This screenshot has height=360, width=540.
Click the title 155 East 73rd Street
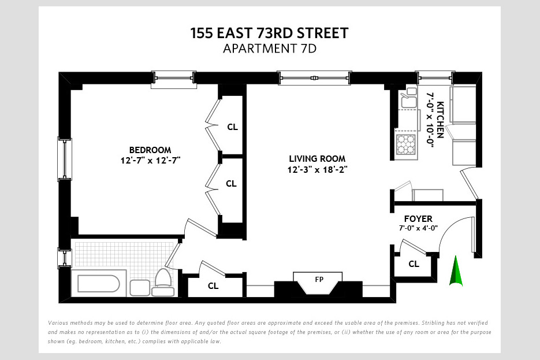pyautogui.click(x=269, y=33)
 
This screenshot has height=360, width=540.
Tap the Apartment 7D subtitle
pyautogui.click(x=269, y=49)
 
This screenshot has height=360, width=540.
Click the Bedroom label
pyautogui.click(x=150, y=150)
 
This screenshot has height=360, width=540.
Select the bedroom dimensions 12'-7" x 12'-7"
pyautogui.click(x=151, y=161)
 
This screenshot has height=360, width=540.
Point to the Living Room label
pyautogui.click(x=317, y=159)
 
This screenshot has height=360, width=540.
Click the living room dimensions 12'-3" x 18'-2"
pyautogui.click(x=317, y=169)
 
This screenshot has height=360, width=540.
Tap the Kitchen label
pyautogui.click(x=440, y=120)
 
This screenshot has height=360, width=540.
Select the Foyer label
pyautogui.click(x=418, y=219)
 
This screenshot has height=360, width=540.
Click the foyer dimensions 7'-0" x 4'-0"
pyautogui.click(x=418, y=228)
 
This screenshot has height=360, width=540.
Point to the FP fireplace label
pyautogui.click(x=319, y=279)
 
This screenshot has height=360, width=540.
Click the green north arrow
pyautogui.click(x=456, y=271)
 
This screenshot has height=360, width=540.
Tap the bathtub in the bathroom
pyautogui.click(x=99, y=284)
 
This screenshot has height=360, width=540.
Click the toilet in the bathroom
pyautogui.click(x=163, y=282)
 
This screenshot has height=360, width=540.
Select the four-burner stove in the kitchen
pyautogui.click(x=406, y=144)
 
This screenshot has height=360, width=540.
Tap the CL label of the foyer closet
pyautogui.click(x=414, y=264)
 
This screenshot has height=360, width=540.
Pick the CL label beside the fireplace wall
pyautogui.click(x=213, y=286)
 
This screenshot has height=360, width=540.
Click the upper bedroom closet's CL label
pyautogui.click(x=233, y=127)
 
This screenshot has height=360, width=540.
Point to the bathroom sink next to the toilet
pyautogui.click(x=140, y=288)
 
